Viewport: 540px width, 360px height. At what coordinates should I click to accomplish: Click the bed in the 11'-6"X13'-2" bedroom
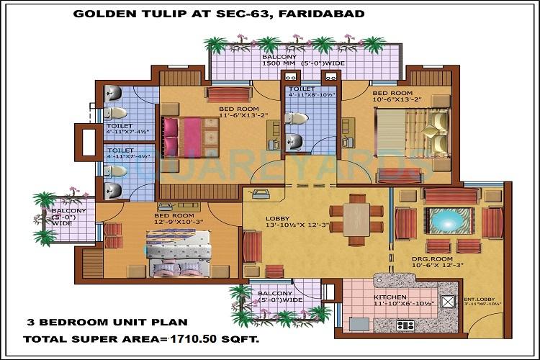click(191, 135)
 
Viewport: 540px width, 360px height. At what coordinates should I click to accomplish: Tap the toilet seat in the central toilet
click(297, 118)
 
